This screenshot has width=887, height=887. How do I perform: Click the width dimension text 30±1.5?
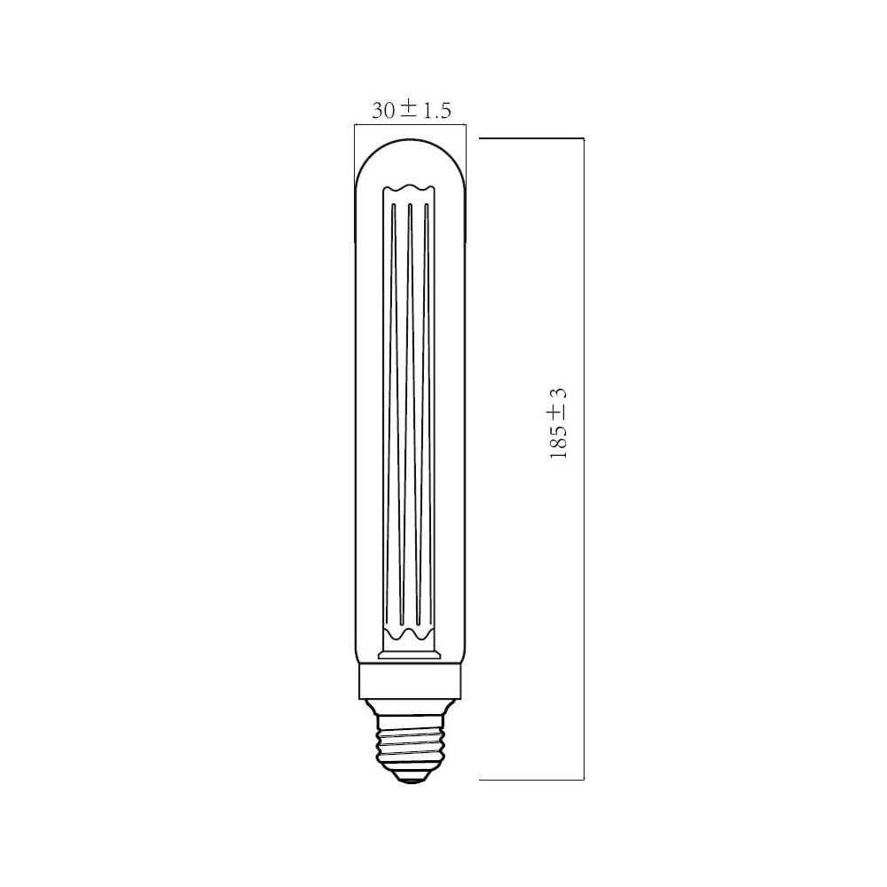tap(412, 110)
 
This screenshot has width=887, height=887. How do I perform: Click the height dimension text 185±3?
tap(559, 423)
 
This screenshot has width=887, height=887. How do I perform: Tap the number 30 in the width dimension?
tap(383, 111)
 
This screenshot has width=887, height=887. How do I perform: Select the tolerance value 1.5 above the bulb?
tap(437, 111)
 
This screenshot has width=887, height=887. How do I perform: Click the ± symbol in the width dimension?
tap(408, 109)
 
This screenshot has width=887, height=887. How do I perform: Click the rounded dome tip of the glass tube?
tap(409, 147)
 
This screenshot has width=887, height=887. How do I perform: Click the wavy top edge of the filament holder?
tap(409, 189)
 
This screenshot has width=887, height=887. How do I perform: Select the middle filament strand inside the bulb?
tap(409, 408)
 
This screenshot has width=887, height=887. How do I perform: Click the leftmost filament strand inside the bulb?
tap(392, 408)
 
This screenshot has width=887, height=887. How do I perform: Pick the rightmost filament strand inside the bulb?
tap(427, 408)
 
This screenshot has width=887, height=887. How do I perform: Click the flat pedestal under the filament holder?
tap(409, 655)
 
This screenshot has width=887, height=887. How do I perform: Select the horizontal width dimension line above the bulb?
tap(409, 125)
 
